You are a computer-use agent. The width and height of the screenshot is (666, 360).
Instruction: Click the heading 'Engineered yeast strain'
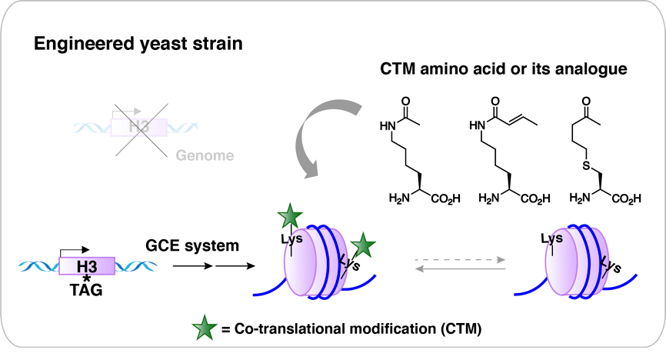tap(138, 44)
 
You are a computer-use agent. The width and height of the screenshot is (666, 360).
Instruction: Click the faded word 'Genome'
tap(204, 156)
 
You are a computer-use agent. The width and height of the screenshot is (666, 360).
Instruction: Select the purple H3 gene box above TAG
tap(88, 265)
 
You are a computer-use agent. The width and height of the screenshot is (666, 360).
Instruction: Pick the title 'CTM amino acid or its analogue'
tap(504, 69)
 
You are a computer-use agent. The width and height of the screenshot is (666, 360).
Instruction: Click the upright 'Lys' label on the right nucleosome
tap(550, 238)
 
